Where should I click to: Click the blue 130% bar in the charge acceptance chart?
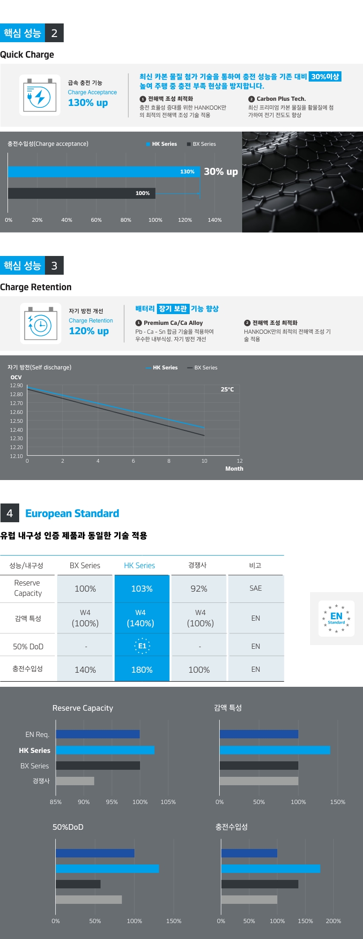click(104, 172)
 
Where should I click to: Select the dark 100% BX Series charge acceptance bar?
click(81, 193)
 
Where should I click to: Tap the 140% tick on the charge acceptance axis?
click(215, 220)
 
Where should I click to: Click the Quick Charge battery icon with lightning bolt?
click(40, 95)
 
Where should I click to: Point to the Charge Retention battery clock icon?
click(40, 323)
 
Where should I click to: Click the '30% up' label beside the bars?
click(221, 172)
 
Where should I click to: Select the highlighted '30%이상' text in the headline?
click(325, 76)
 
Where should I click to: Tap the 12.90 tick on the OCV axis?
click(16, 385)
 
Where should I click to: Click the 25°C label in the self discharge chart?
click(227, 390)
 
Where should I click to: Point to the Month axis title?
click(234, 468)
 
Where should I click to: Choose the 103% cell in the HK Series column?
click(142, 589)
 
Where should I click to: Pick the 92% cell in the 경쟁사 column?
click(199, 589)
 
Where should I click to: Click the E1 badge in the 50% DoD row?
click(142, 646)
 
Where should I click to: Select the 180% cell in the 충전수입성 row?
click(142, 670)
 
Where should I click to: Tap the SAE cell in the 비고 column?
click(255, 588)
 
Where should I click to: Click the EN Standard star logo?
click(336, 618)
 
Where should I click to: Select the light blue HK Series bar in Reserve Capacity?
click(105, 750)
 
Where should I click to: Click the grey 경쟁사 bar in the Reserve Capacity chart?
click(75, 781)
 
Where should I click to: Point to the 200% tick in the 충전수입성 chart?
click(333, 921)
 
